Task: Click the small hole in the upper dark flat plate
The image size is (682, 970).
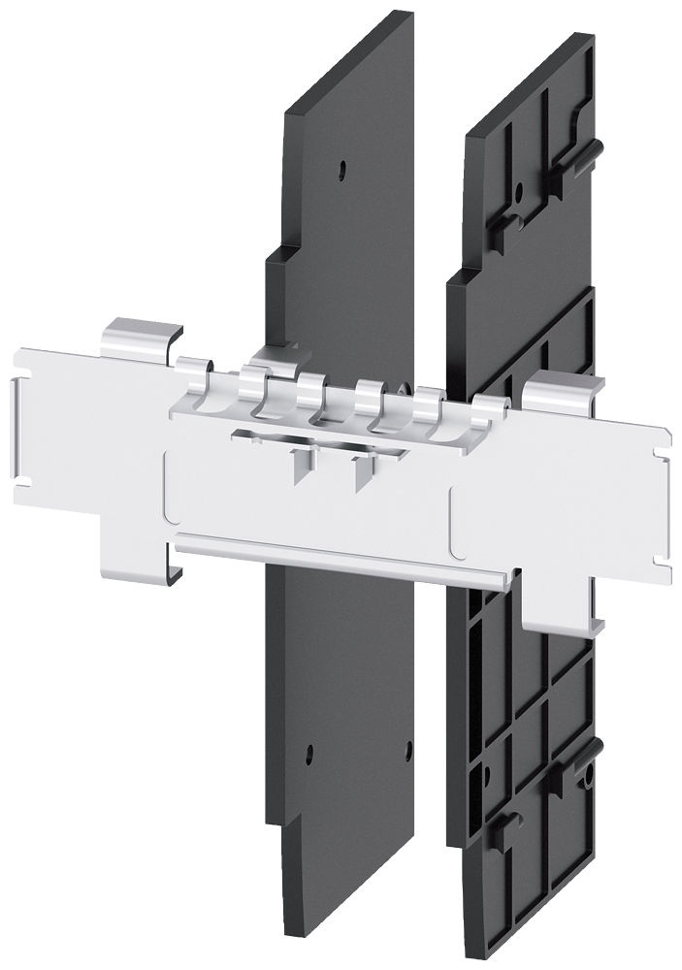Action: click(341, 171)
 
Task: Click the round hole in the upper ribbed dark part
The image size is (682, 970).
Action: click(520, 190)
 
